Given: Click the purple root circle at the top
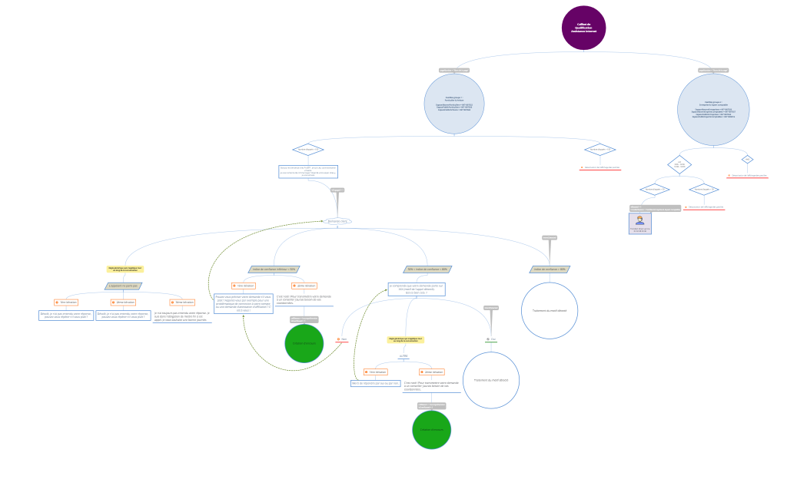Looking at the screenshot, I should (x=583, y=28).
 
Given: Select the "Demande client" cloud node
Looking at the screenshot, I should (x=338, y=221).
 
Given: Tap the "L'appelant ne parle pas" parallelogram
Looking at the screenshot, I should (x=124, y=286).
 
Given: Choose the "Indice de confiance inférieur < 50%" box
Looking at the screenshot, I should (x=274, y=269).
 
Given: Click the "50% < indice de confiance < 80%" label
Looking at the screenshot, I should (x=427, y=269).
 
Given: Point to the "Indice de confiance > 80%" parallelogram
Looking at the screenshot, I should (x=550, y=269).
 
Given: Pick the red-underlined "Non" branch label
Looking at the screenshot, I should (x=343, y=339).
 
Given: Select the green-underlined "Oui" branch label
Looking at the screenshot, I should (x=492, y=339).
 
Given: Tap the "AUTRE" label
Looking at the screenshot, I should (x=403, y=356).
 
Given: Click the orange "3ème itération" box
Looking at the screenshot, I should (x=183, y=302).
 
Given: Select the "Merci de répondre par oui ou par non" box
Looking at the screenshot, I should (x=376, y=383).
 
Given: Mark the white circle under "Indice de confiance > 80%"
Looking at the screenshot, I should (x=550, y=311).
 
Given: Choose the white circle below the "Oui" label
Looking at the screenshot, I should (x=492, y=380).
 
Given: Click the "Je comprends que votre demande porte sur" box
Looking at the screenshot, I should (x=416, y=289).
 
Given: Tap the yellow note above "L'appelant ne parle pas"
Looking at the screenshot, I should (x=125, y=269).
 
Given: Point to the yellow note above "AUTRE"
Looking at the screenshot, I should (x=405, y=339).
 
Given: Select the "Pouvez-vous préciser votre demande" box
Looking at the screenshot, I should (x=243, y=303).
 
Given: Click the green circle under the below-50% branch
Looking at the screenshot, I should (x=304, y=343).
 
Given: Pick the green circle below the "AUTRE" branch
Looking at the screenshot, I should (x=431, y=430).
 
